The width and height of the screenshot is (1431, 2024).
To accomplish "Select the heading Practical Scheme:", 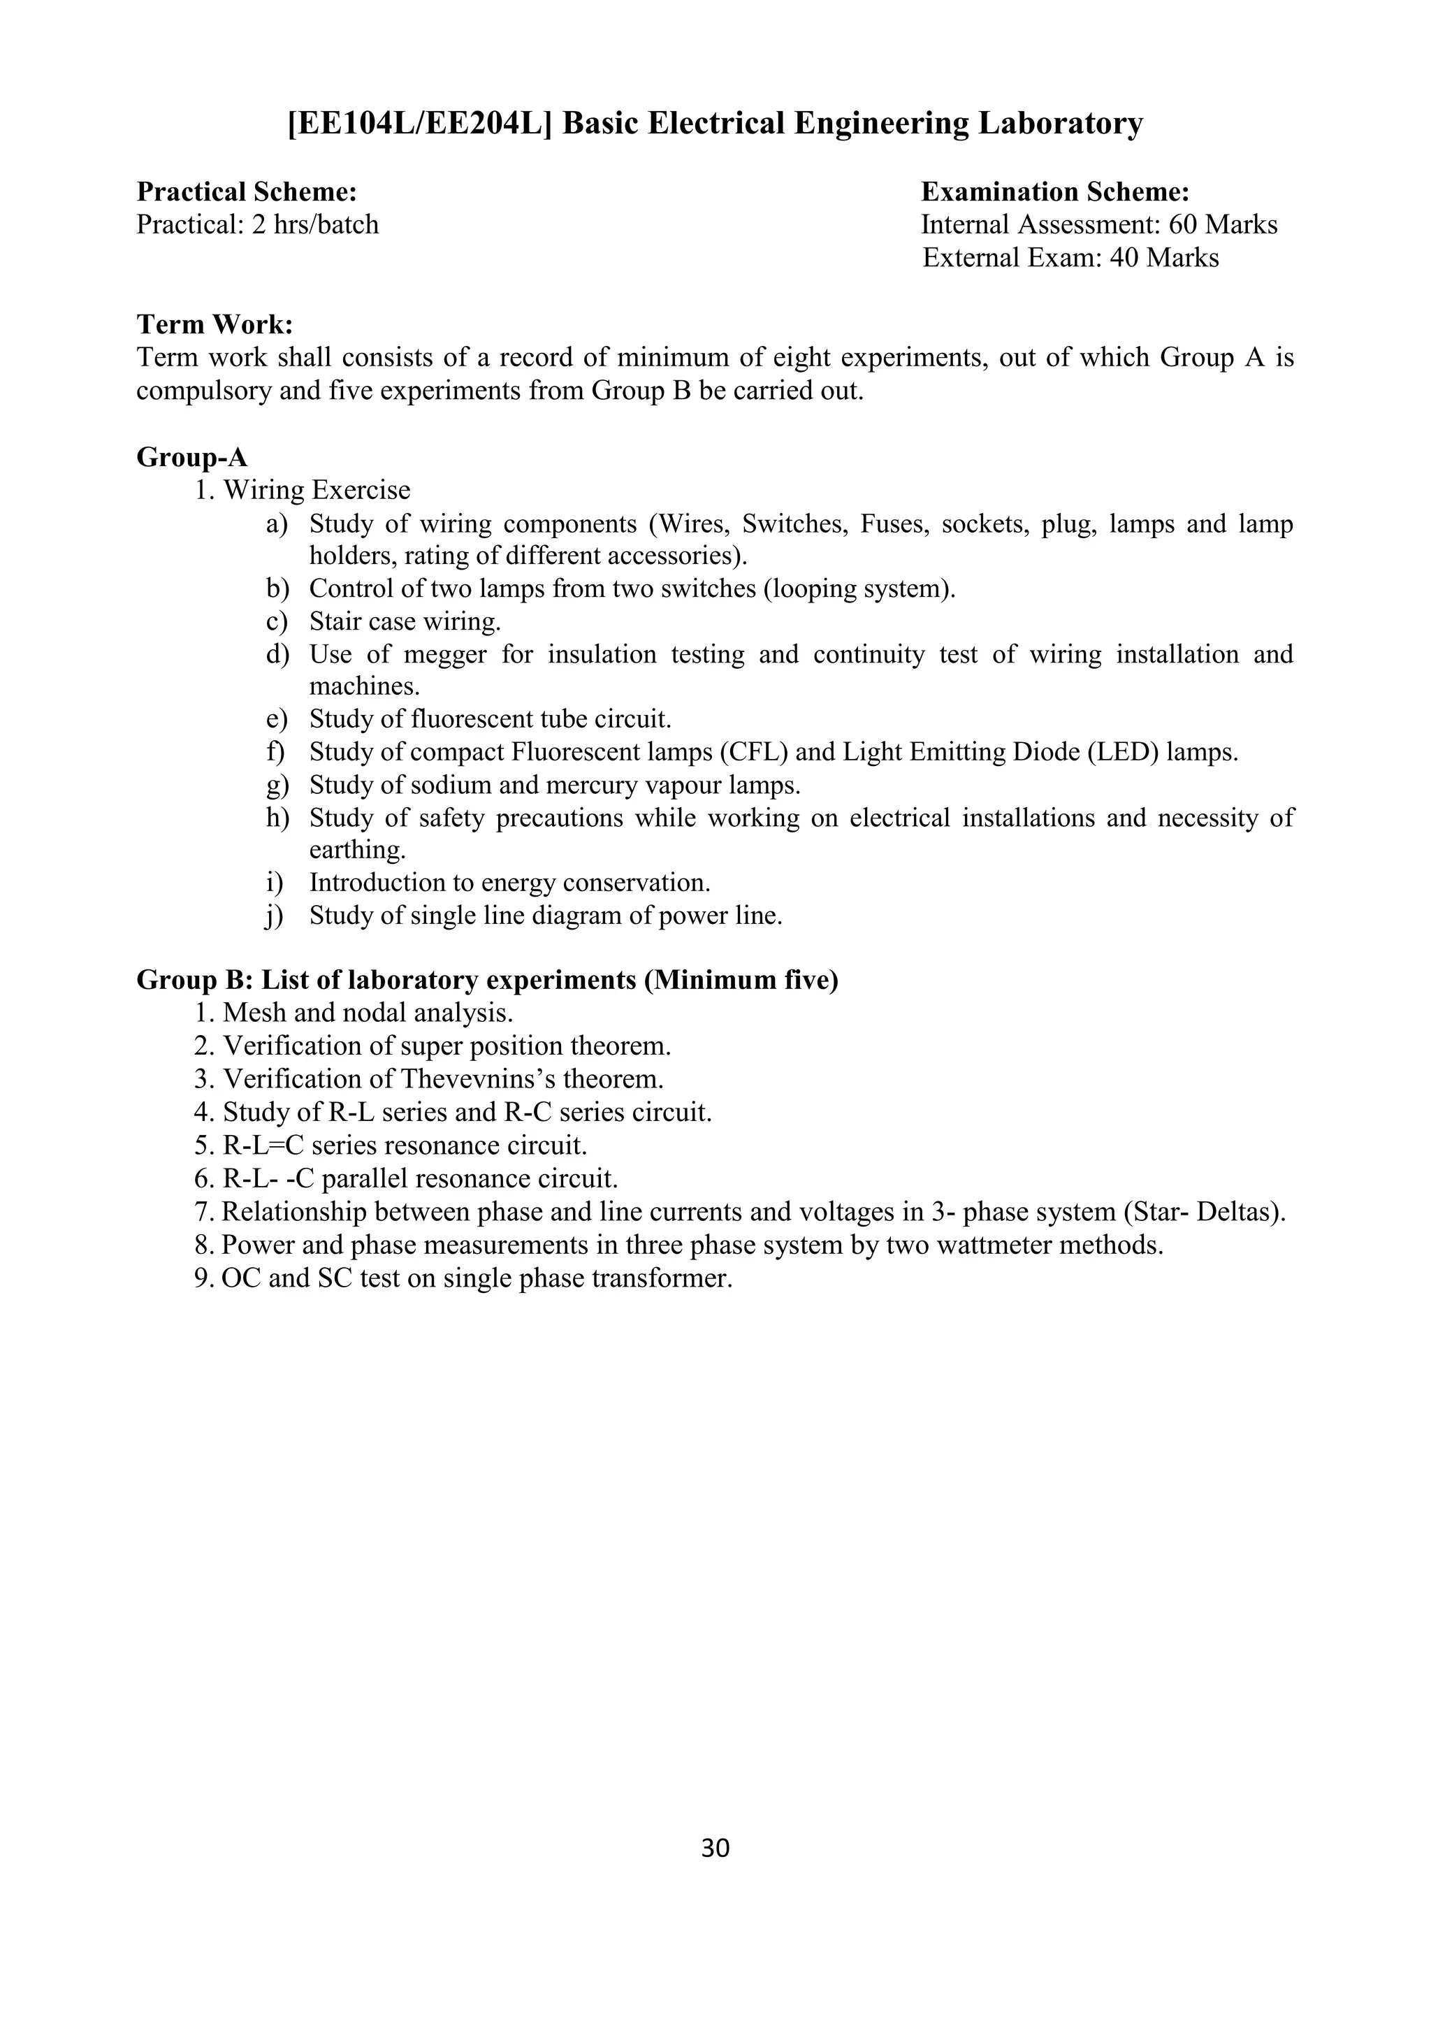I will (247, 191).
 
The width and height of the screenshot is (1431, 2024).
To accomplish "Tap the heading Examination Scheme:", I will (1055, 191).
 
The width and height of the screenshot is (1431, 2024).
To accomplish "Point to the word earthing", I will (357, 850).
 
